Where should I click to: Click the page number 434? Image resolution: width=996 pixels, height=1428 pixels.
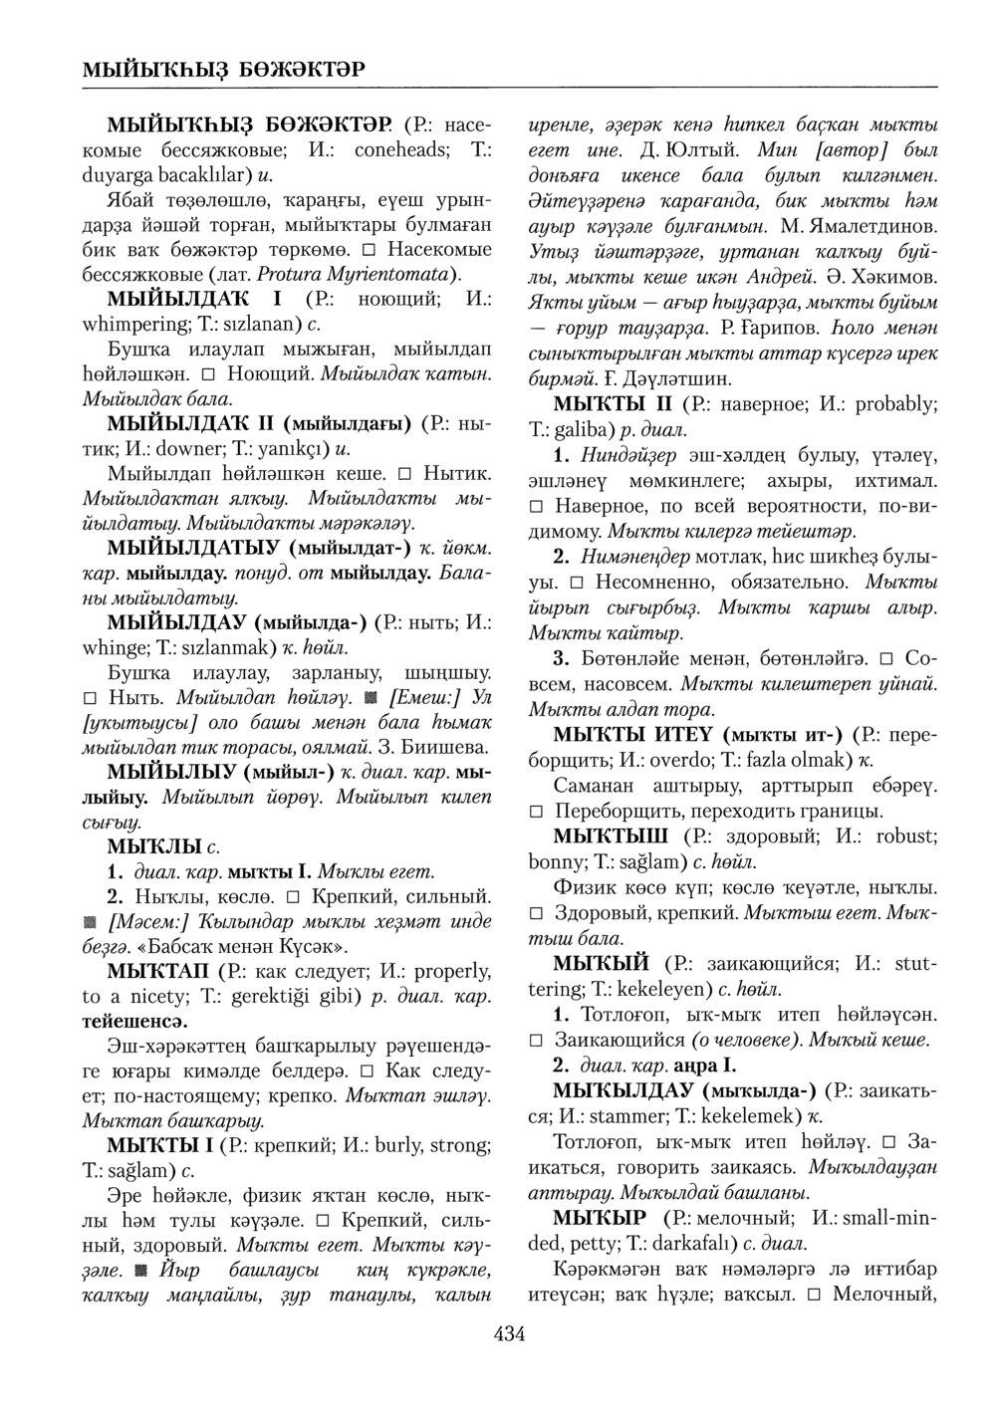509,1334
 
